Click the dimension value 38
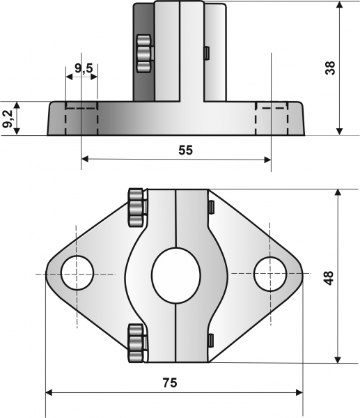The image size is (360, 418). tap(329, 69)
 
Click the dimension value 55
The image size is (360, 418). tap(185, 149)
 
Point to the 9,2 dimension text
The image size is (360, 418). tap(8, 118)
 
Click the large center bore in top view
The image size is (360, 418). tap(175, 274)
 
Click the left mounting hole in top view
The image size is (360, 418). tap(77, 273)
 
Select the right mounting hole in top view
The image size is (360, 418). tap(270, 273)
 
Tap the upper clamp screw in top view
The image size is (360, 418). tap(137, 207)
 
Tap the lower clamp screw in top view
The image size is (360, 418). tap(137, 342)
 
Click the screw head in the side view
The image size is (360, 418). tap(143, 54)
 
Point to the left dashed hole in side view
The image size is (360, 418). tap(81, 118)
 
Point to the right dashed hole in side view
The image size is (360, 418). tap(272, 118)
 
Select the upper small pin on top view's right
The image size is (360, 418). tap(210, 207)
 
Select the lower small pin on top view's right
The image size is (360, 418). tap(210, 340)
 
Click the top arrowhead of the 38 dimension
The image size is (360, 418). tap(339, 6)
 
